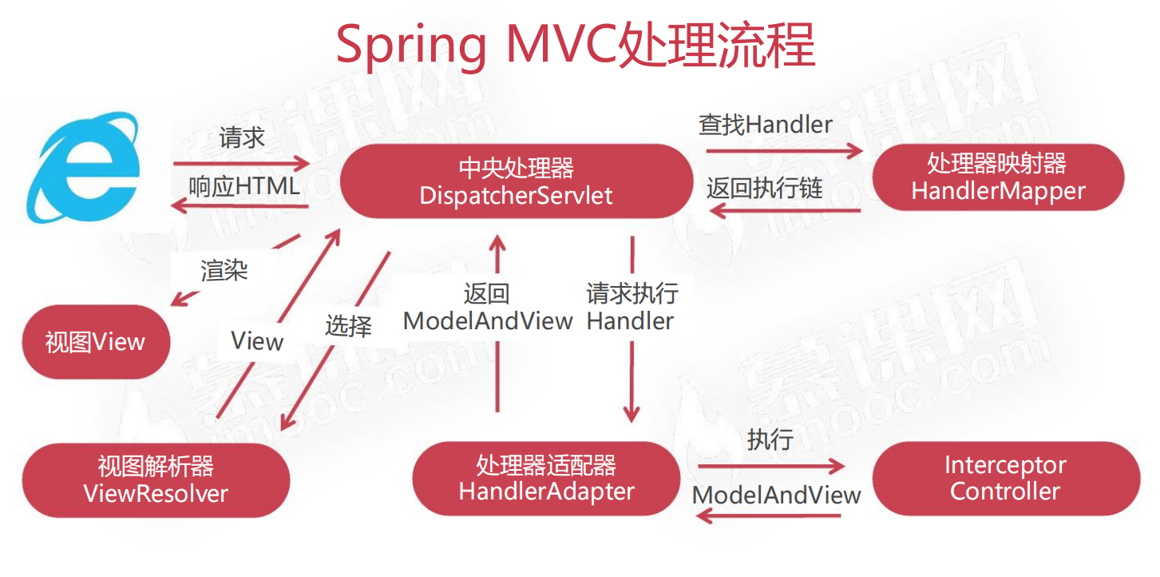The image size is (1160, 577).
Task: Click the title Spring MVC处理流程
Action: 575,46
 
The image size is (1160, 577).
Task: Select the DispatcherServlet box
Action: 516,181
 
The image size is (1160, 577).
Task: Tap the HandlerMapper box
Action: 998,177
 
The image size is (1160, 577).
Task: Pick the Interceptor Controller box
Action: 1005,478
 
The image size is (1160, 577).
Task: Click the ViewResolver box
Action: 156,480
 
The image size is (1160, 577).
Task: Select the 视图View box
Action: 96,342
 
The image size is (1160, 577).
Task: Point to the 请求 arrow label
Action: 242,138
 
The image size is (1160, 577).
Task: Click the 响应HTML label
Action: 244,186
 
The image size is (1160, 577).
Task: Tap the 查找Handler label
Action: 765,125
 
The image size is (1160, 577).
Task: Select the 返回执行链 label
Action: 764,189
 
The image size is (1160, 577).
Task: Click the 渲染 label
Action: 224,270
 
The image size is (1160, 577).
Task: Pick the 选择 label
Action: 348,325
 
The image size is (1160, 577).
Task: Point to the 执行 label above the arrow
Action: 770,440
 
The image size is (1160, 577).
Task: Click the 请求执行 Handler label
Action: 631,308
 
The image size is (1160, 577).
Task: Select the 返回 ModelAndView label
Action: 487,308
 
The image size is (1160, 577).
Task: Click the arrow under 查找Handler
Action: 784,149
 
